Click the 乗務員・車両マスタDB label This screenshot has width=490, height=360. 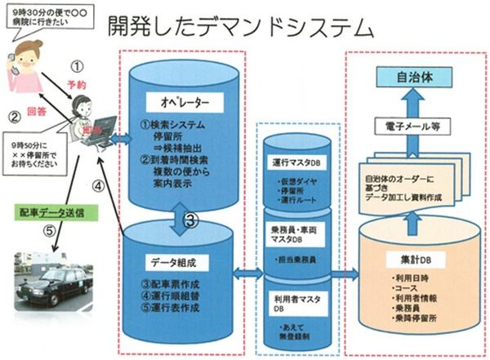(299, 222)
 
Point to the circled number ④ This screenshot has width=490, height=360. (97, 185)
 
